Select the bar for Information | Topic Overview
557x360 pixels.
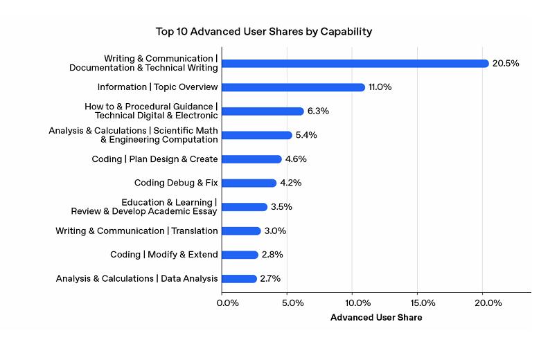click(x=293, y=87)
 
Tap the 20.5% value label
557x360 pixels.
click(x=506, y=63)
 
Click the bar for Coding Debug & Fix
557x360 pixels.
click(x=249, y=183)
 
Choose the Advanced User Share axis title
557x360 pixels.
click(x=376, y=318)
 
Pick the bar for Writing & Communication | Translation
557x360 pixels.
click(x=241, y=231)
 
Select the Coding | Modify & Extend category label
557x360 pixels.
click(x=164, y=255)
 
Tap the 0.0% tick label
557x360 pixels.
click(x=229, y=303)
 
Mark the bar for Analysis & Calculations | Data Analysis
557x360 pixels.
click(x=239, y=278)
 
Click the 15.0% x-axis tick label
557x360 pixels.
click(x=423, y=303)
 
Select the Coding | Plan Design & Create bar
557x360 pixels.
click(x=251, y=159)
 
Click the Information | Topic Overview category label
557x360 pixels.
click(x=158, y=87)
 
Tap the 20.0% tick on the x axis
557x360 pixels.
click(x=489, y=303)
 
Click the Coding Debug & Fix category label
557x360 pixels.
click(x=176, y=183)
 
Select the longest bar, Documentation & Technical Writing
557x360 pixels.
click(x=355, y=63)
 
